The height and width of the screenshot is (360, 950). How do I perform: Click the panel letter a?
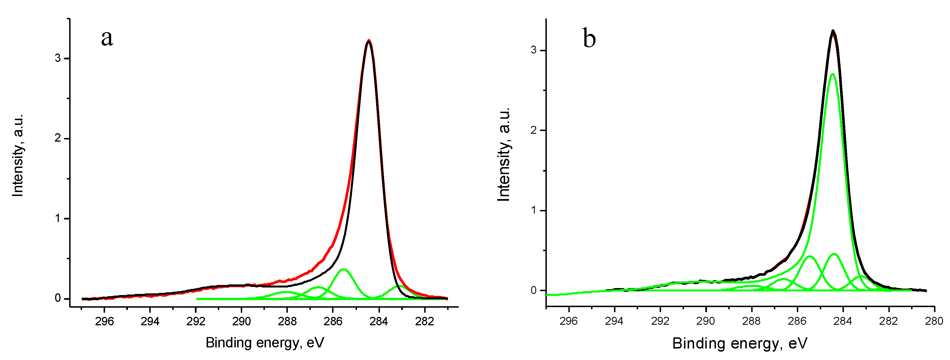[x=107, y=38]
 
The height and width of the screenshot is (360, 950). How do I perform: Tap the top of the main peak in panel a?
[x=369, y=41]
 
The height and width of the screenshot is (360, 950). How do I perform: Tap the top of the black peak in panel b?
[x=833, y=31]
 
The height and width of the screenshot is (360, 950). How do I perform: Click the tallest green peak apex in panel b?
[x=832, y=74]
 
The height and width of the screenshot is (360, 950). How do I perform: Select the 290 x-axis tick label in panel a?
[x=242, y=322]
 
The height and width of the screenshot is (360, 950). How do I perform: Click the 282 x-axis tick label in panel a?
[x=424, y=322]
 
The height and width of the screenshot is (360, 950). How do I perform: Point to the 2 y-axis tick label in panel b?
[x=534, y=130]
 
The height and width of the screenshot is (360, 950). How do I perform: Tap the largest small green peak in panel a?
[x=344, y=270]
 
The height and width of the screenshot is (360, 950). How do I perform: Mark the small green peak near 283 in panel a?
[x=399, y=286]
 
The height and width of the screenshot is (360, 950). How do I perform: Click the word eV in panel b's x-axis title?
[x=798, y=343]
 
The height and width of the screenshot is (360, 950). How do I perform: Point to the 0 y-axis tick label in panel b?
[x=534, y=291]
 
